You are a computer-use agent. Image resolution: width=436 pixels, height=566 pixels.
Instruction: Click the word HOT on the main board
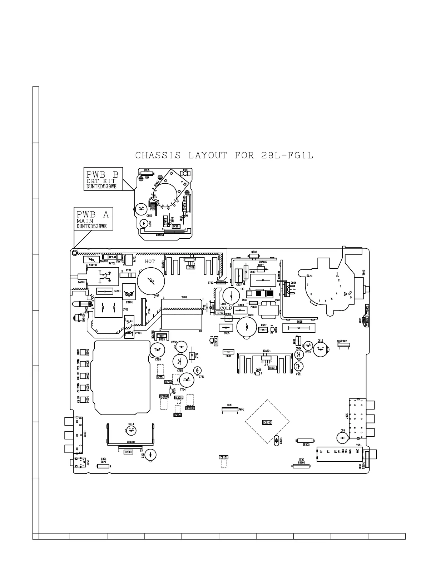pos(150,262)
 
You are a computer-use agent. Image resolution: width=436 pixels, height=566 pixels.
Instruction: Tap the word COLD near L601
pos(226,308)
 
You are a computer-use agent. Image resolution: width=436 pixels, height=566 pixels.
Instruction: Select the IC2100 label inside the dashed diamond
pos(267,422)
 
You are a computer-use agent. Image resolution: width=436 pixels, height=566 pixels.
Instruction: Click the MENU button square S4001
pos(84,352)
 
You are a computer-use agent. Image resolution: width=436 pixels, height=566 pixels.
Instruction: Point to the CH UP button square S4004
pos(84,399)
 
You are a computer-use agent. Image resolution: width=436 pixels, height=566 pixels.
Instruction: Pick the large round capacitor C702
pos(151,280)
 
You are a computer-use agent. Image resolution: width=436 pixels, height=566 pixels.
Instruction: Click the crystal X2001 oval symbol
pos(276,441)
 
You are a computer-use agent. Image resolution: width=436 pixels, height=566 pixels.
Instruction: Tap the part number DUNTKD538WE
pos(92,227)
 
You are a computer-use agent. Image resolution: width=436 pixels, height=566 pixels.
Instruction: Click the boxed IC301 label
pos(128,452)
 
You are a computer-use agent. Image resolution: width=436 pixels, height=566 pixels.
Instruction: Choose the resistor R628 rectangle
pos(299,328)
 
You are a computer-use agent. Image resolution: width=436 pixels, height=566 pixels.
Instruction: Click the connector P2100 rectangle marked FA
pos(301,466)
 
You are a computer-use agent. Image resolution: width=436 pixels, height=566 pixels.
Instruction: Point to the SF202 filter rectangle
pos(306,441)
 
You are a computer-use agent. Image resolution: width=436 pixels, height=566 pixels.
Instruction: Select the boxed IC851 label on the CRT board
pos(176,226)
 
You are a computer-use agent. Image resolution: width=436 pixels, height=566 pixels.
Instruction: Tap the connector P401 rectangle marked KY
pos(230,409)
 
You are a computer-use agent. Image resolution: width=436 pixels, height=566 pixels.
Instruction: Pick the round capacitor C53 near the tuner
pos(342,438)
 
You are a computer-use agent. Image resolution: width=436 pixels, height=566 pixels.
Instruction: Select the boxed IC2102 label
pos(190,408)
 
